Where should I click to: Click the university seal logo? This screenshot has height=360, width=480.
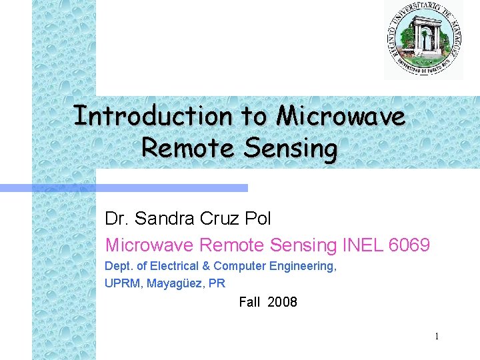click(423, 39)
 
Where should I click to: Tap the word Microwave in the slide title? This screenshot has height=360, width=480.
click(341, 116)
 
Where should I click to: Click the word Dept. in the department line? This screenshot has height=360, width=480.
click(118, 266)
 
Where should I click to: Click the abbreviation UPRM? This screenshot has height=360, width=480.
click(123, 283)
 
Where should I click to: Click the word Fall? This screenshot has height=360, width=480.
click(249, 302)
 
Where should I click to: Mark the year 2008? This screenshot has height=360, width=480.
click(282, 302)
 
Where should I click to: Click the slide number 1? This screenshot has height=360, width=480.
click(437, 337)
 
